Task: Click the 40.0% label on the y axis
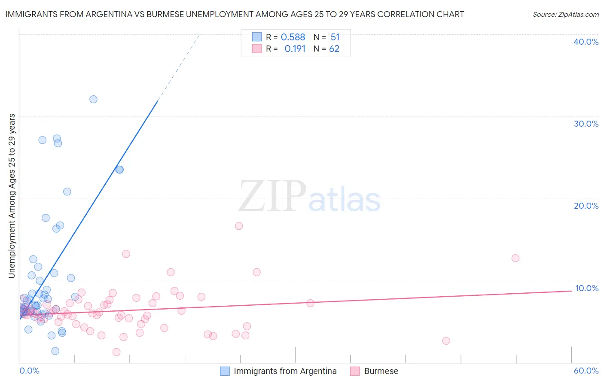click(586, 42)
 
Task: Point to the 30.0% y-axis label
click(586, 124)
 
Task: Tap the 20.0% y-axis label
click(586, 206)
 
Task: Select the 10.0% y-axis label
click(586, 288)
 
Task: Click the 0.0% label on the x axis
click(29, 371)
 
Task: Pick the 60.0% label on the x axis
click(586, 371)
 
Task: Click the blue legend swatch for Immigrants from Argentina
click(225, 371)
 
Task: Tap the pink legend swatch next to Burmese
click(355, 371)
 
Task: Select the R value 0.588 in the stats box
click(293, 37)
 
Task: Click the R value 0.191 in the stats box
click(295, 49)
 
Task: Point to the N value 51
click(335, 37)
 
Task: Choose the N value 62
click(334, 49)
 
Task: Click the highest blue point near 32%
click(93, 99)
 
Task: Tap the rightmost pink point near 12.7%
click(516, 258)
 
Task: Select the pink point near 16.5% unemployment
click(239, 226)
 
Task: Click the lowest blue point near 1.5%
click(55, 351)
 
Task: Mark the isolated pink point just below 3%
click(446, 341)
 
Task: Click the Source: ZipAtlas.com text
click(565, 15)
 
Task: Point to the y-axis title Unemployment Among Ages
click(12, 196)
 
